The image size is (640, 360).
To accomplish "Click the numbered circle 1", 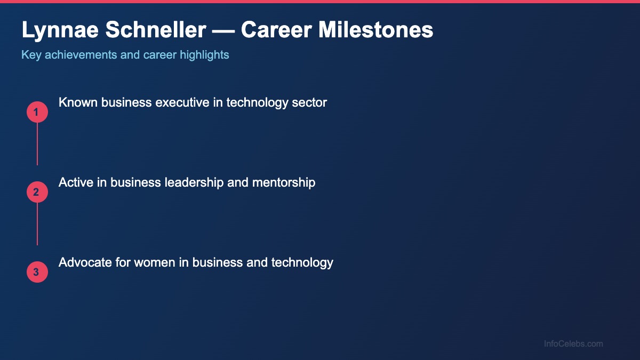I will [37, 112].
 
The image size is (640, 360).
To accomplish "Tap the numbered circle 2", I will [37, 192].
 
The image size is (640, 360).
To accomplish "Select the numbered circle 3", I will [37, 272].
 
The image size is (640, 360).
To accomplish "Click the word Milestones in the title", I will [376, 30].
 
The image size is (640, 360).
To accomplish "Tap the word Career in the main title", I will [276, 30].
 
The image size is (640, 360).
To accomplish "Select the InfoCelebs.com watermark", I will [573, 344].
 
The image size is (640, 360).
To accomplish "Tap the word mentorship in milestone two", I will [284, 182].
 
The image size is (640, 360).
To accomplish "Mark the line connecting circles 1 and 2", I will [37, 144].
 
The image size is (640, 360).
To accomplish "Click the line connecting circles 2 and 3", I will [37, 224].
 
